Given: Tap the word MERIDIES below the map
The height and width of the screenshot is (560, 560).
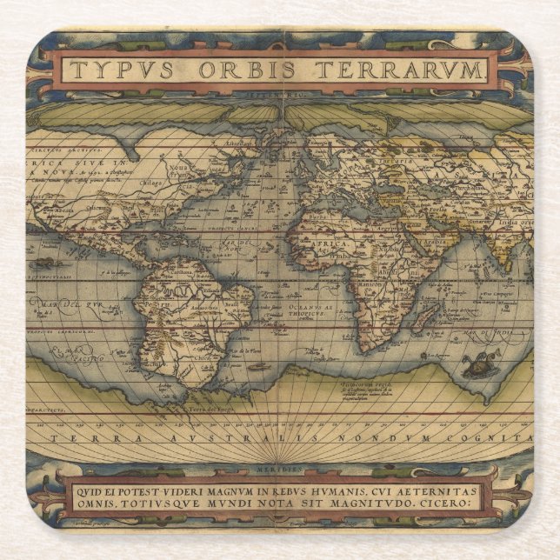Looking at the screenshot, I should pyautogui.click(x=279, y=469).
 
